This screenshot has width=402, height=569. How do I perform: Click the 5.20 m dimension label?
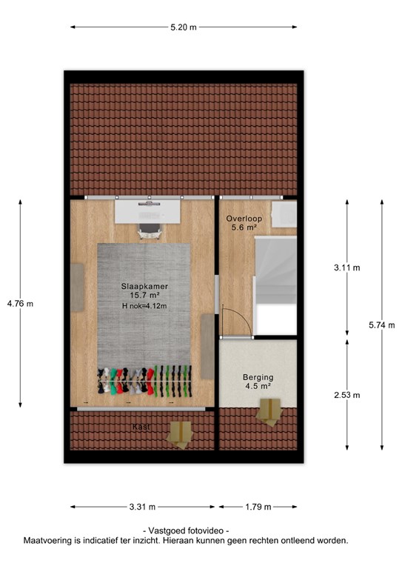tap(184, 27)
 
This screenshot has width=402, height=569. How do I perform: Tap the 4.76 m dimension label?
tap(20, 304)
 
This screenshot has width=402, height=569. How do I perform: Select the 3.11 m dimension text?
tap(347, 267)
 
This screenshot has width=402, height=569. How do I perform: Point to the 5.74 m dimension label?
tap(382, 325)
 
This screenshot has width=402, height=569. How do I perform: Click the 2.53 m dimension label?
tap(347, 395)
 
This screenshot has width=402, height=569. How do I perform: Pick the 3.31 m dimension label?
tap(142, 507)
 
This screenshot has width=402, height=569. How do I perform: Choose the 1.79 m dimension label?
tap(258, 507)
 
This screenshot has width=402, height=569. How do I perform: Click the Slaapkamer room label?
tap(144, 286)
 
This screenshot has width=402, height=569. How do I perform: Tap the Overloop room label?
tap(244, 219)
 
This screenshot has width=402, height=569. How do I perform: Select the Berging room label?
tap(258, 377)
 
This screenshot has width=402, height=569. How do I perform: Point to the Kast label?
tap(141, 427)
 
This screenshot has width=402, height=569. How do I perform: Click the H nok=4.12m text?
tap(144, 306)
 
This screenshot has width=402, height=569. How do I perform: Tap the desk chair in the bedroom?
tap(150, 231)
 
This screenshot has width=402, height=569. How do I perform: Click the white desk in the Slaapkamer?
tap(147, 212)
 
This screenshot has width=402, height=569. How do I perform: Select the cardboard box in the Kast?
tap(179, 434)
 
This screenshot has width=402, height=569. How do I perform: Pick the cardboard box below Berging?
tap(269, 412)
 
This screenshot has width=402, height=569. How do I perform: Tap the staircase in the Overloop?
tap(275, 285)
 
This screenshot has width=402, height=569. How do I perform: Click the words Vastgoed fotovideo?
tap(186, 531)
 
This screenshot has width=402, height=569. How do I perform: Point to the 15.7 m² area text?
tap(144, 296)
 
